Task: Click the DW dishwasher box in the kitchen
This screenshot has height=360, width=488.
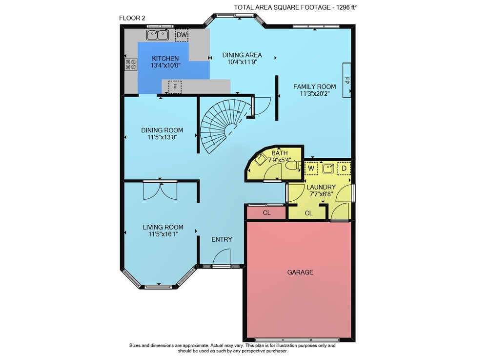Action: [182, 35]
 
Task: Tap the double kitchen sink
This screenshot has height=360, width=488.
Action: [158, 35]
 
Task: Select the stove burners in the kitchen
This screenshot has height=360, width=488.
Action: [131, 64]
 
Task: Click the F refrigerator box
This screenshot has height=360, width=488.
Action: [175, 87]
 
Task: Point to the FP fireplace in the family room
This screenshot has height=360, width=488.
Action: [346, 80]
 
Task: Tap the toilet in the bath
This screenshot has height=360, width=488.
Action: [293, 166]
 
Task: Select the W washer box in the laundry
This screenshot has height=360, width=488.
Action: [311, 169]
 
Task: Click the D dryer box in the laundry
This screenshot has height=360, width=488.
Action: [344, 169]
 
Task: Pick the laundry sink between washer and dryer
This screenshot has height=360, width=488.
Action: [328, 169]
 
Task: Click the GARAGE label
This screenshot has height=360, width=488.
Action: [300, 272]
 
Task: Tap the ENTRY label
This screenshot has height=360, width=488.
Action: [222, 239]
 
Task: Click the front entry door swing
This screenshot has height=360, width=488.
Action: [222, 257]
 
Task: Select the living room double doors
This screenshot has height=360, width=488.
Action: [160, 190]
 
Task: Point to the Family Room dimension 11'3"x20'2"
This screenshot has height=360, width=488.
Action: [315, 93]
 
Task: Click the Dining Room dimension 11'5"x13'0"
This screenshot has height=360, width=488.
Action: [162, 137]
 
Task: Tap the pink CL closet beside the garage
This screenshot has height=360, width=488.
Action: [266, 212]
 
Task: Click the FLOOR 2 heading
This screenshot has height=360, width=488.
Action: [132, 18]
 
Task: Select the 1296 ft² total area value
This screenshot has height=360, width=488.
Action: [346, 7]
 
